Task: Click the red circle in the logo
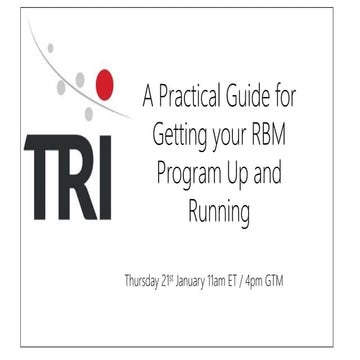103,86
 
